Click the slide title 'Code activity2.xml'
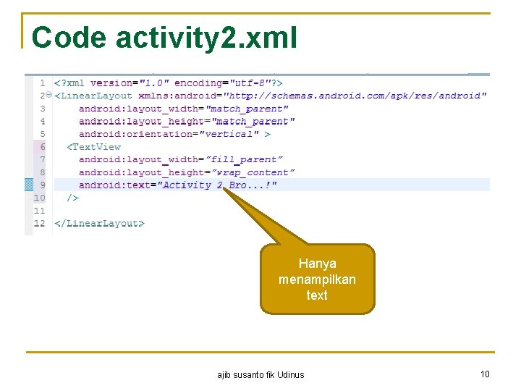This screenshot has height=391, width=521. pyautogui.click(x=164, y=38)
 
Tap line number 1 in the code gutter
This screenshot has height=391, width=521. pyautogui.click(x=43, y=83)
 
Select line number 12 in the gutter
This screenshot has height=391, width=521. pyautogui.click(x=40, y=224)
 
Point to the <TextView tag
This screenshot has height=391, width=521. pyautogui.click(x=94, y=147)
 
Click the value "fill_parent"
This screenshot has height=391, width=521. pyautogui.click(x=245, y=159)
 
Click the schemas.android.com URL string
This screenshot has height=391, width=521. pyautogui.click(x=355, y=96)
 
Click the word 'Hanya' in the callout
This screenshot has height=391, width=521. pyautogui.click(x=317, y=264)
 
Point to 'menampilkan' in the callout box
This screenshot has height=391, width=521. pyautogui.click(x=317, y=279)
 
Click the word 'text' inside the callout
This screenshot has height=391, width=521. pyautogui.click(x=317, y=295)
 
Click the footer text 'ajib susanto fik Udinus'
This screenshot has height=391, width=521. pyautogui.click(x=260, y=375)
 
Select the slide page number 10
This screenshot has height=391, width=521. pyautogui.click(x=485, y=374)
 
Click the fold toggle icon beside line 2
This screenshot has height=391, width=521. pyautogui.click(x=48, y=96)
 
